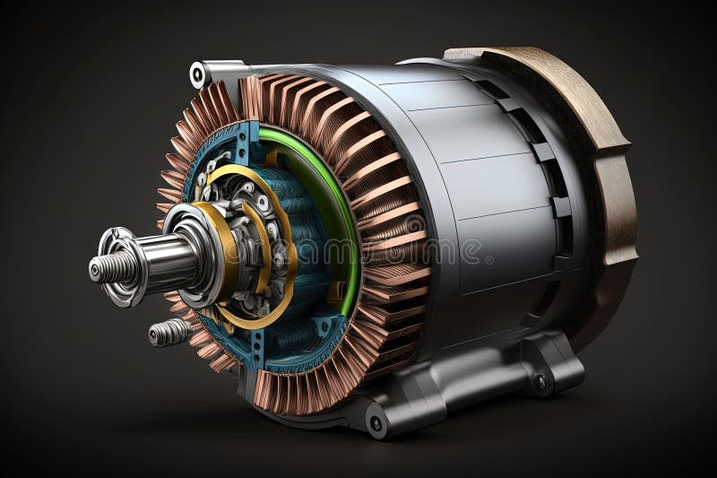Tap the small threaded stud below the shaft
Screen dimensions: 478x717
tap(166, 333)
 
